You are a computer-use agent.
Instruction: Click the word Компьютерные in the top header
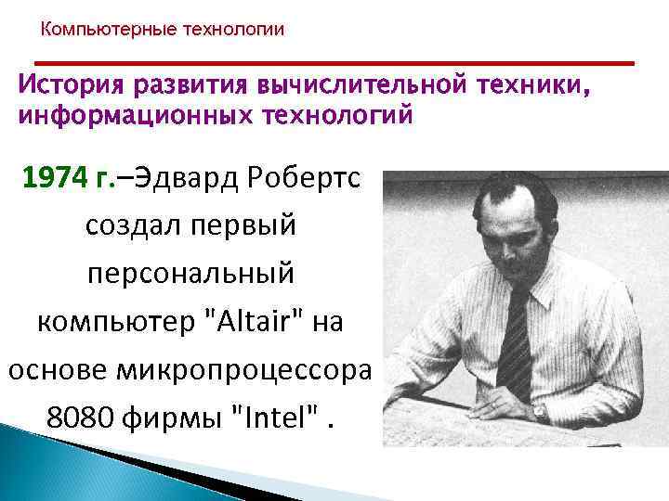coord(96,30)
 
